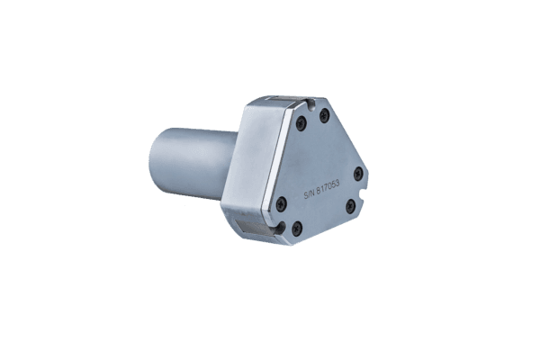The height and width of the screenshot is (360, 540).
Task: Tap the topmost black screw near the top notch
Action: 324,116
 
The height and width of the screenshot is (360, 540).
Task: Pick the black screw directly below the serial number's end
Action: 350,206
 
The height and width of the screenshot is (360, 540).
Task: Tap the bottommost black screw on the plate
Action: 297,229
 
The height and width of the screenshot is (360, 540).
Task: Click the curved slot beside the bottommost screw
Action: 281,229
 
